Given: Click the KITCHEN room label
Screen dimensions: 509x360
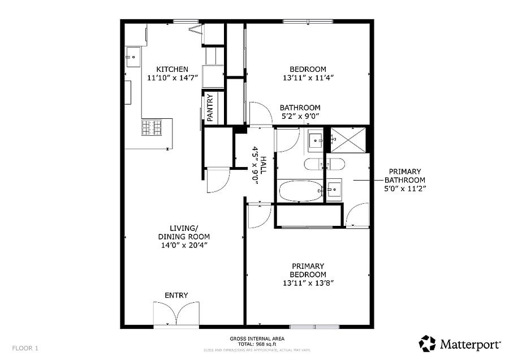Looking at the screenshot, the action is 172,69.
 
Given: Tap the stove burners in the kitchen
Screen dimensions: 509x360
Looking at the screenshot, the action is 152,127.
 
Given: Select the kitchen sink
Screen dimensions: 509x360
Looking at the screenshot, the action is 133,57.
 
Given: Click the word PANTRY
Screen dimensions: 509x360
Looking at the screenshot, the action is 210,108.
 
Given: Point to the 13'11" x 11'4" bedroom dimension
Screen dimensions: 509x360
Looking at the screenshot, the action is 308,78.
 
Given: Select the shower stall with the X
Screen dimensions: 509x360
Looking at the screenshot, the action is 348,140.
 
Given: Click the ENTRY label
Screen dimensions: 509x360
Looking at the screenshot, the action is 176,295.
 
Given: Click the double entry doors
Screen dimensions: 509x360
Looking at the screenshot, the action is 176,314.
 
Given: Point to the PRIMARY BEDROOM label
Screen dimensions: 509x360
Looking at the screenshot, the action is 308,271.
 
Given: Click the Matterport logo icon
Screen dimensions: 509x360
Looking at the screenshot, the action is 427,344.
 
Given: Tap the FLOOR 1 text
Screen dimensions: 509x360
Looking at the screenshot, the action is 25,348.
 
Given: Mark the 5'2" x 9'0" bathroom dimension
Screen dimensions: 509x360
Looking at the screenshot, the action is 300,116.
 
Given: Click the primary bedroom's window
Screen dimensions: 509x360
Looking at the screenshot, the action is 314,327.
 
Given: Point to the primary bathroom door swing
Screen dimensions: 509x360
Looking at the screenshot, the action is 357,215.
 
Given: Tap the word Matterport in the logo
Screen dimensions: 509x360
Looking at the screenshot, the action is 470,344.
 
